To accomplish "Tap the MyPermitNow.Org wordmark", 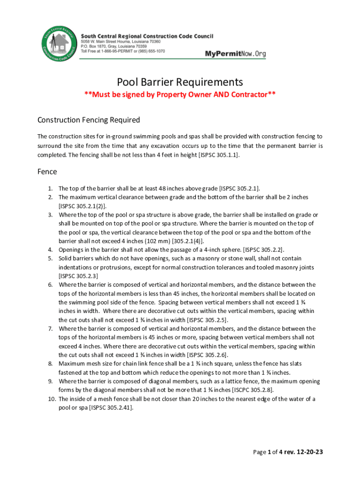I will [x=235, y=54].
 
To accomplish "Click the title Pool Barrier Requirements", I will [x=180, y=82].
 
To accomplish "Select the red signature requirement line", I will [x=180, y=96].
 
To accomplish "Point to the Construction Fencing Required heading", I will [x=88, y=120].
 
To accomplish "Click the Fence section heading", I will [x=47, y=172].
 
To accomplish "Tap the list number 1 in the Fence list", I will [x=50, y=189].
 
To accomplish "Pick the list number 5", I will [x=50, y=258].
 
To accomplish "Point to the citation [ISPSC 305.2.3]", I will [x=78, y=276].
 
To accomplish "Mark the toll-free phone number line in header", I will [x=122, y=51].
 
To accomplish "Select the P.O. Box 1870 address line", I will [x=114, y=46].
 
